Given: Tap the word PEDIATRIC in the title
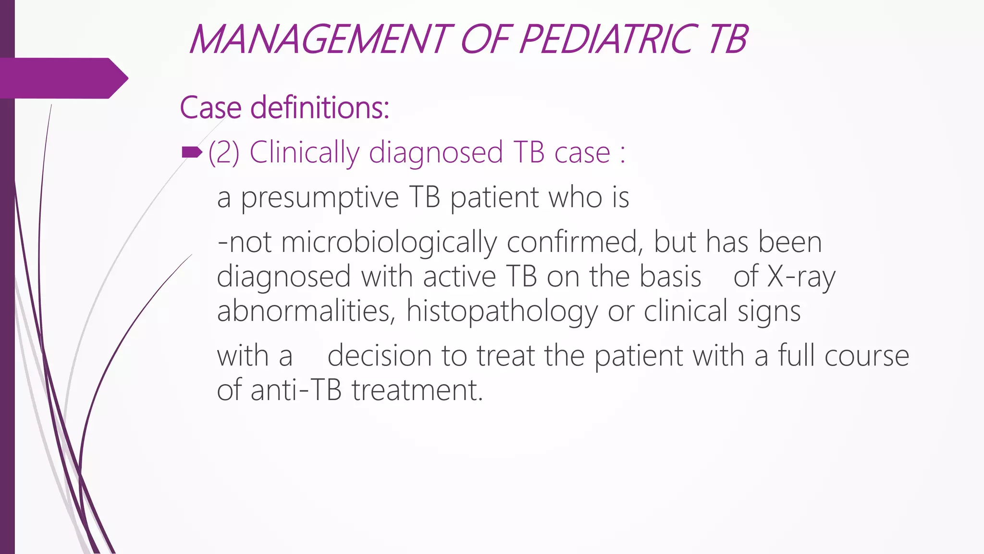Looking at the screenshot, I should [x=608, y=39].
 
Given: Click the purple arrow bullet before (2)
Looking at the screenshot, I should [x=192, y=153].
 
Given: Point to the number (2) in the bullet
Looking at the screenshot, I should [x=224, y=153].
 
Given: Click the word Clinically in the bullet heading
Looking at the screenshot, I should [x=304, y=153].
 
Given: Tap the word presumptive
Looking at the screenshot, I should [x=320, y=198].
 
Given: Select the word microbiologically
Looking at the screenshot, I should [x=389, y=242].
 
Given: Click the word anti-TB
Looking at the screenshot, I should [x=296, y=390].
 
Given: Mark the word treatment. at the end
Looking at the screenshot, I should [x=417, y=390].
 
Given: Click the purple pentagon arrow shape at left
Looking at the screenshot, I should [x=62, y=78].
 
